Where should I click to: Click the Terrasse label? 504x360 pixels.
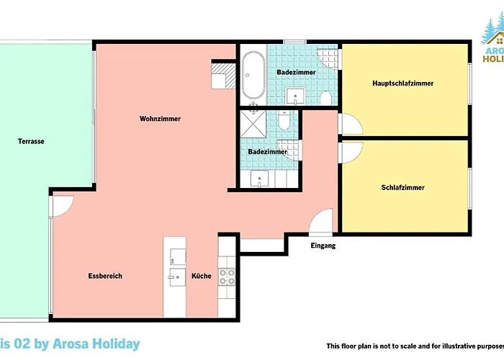(31, 141)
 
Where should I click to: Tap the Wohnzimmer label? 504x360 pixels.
(160, 119)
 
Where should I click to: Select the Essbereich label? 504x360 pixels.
(105, 276)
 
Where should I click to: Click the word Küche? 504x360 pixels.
(202, 276)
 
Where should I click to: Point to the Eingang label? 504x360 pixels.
(323, 246)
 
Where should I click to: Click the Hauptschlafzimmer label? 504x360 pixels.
(403, 84)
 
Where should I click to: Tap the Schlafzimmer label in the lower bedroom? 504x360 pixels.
(402, 188)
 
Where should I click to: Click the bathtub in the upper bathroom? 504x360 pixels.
(252, 76)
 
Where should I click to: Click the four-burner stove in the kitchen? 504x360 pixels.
(228, 276)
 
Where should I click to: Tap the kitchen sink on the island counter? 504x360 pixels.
(176, 277)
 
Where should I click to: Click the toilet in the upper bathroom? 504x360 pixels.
(325, 97)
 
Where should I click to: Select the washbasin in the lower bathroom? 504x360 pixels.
(259, 179)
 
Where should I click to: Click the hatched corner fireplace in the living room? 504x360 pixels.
(224, 74)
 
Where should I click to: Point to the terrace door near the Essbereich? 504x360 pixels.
(62, 207)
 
